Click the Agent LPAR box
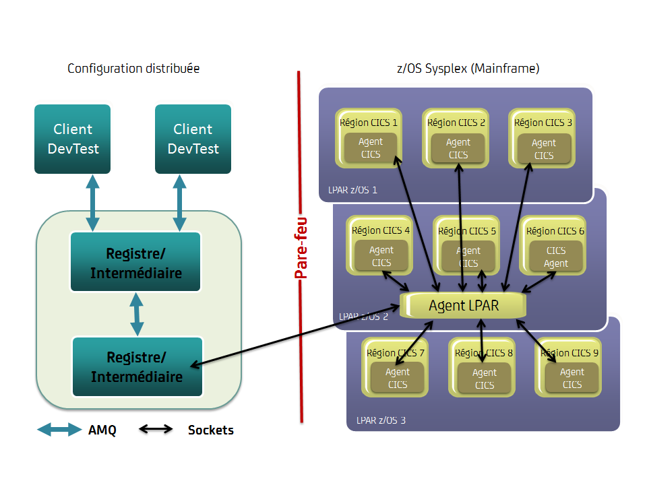pyautogui.click(x=464, y=305)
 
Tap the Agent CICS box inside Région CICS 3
pyautogui.click(x=544, y=149)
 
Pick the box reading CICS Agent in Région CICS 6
pyautogui.click(x=556, y=257)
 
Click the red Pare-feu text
pyautogui.click(x=301, y=247)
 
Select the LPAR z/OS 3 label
pyautogui.click(x=381, y=421)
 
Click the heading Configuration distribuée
pyautogui.click(x=133, y=69)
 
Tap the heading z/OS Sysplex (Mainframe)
pyautogui.click(x=468, y=69)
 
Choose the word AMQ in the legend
pyautogui.click(x=102, y=430)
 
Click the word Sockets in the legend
pyautogui.click(x=211, y=430)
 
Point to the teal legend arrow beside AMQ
pyautogui.click(x=59, y=430)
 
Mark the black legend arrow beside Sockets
pyautogui.click(x=156, y=430)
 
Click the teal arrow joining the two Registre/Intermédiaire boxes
pyautogui.click(x=137, y=315)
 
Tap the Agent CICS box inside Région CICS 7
pyautogui.click(x=398, y=378)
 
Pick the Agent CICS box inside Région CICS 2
pyautogui.click(x=458, y=149)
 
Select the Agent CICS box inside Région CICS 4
pyautogui.click(x=381, y=257)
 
